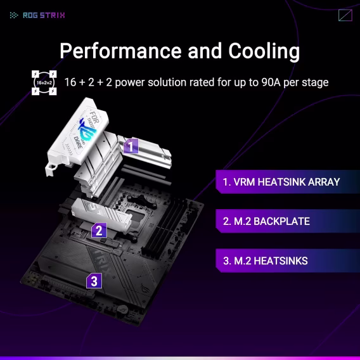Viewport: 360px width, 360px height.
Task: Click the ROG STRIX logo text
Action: (x=42, y=15)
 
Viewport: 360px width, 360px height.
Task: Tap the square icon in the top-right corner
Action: (x=345, y=15)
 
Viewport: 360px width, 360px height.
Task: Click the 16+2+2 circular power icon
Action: (x=44, y=83)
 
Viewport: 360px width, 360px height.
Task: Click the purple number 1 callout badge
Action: (x=130, y=146)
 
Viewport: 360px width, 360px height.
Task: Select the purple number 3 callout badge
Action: (x=93, y=280)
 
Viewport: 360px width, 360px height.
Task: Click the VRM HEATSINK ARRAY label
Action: (x=281, y=182)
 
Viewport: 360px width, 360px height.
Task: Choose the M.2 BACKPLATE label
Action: (x=266, y=221)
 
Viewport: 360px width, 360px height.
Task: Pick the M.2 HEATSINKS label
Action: (x=265, y=260)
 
